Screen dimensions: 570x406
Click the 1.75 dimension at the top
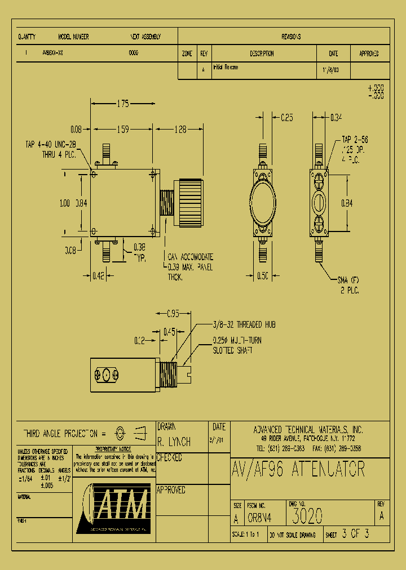click(123, 104)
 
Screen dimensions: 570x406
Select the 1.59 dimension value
click(123, 130)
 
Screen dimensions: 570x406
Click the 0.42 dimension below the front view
click(98, 276)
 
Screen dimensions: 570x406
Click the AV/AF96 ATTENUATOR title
click(298, 469)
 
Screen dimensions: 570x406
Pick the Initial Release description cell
click(226, 67)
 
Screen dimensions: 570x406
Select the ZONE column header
click(187, 54)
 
